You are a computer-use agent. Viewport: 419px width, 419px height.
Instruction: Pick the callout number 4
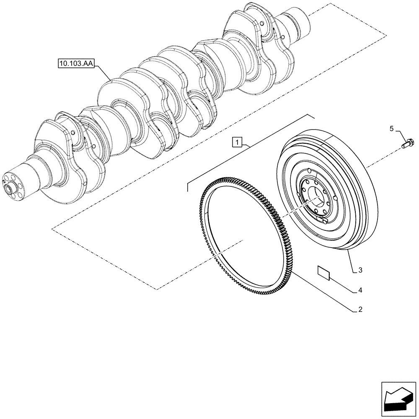coord(360,290)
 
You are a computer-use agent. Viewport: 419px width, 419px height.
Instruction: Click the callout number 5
coord(391,129)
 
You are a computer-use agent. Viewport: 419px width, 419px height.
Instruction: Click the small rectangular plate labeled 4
coord(323,272)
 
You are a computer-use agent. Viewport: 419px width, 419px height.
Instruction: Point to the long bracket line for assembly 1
coord(247,149)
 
